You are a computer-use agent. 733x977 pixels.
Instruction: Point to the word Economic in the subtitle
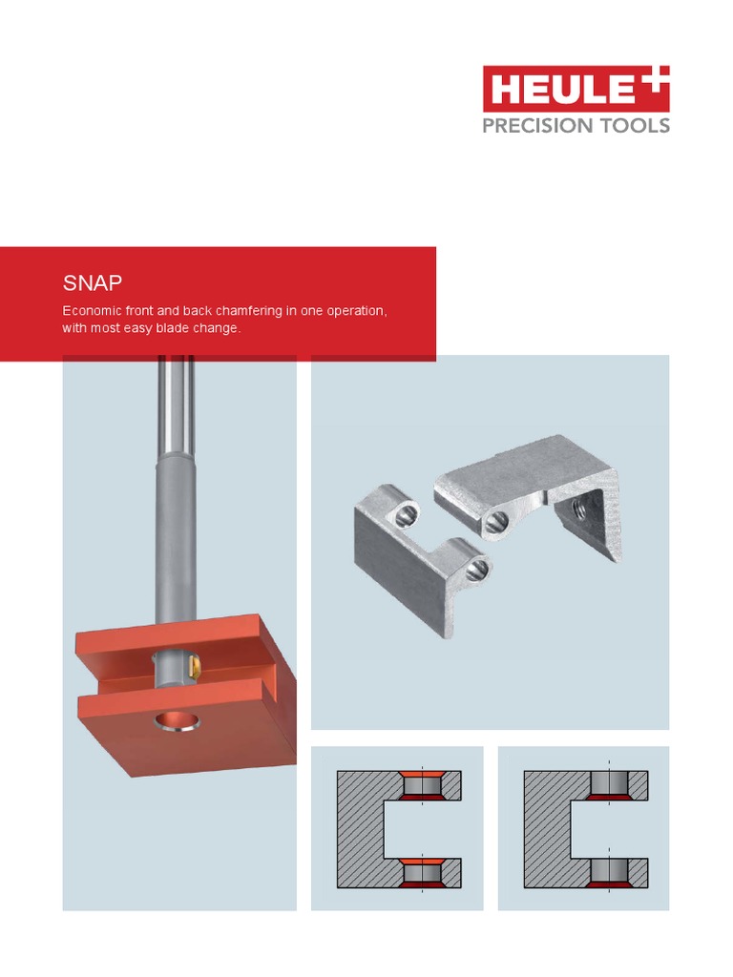click(x=94, y=312)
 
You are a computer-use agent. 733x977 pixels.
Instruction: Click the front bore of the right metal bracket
click(x=495, y=521)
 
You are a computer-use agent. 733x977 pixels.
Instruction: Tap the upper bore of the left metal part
click(x=405, y=515)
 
